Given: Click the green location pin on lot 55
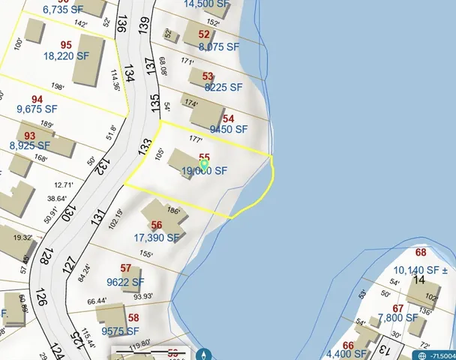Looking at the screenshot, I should (x=204, y=164).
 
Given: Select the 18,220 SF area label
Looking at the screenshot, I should (x=66, y=56).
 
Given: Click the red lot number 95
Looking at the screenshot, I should (x=65, y=44).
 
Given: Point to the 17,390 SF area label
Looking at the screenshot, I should (x=157, y=238).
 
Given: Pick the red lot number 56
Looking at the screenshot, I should (x=157, y=225).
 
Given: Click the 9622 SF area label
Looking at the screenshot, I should (x=126, y=282).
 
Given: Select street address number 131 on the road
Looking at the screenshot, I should (x=96, y=218).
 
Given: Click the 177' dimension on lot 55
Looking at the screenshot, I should (x=196, y=139).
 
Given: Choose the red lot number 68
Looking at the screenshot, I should (x=421, y=253).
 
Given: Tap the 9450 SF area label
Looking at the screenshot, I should (x=229, y=129).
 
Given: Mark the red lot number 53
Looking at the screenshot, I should (x=208, y=76).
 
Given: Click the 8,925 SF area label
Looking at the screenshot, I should (x=30, y=145).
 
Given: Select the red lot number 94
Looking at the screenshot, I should (x=37, y=99).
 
